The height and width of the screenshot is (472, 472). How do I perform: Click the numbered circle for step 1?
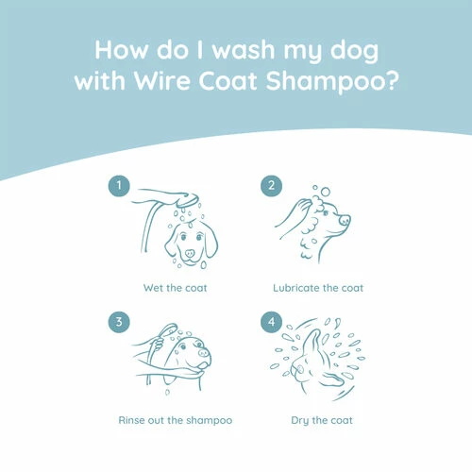[x=119, y=186]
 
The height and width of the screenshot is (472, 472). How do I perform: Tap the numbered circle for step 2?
[x=271, y=186]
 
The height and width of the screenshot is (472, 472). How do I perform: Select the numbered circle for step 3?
[x=119, y=322]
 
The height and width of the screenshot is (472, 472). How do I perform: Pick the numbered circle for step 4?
[x=271, y=322]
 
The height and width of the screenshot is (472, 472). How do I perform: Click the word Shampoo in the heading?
[x=326, y=82]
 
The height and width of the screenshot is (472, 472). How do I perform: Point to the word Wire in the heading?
[x=161, y=81]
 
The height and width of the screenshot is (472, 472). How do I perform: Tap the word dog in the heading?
[x=354, y=51]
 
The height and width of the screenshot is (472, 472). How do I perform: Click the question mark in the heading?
[x=392, y=81]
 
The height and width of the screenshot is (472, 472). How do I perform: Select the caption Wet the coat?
[x=175, y=288]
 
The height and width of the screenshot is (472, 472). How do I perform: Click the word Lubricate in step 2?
[x=296, y=288]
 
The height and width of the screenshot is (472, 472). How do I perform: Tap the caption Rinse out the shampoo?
[x=176, y=420]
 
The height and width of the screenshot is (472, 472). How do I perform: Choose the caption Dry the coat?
[x=322, y=421]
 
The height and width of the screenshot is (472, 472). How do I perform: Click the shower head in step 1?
[x=188, y=200]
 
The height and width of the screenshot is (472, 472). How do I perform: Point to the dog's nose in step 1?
[x=190, y=253]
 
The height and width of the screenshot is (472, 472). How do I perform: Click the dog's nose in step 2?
[x=345, y=219]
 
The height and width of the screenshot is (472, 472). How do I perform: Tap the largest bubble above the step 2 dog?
[x=326, y=192]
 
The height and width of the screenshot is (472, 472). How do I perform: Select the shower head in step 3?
[x=168, y=330]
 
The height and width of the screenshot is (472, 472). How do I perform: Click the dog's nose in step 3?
[x=204, y=353]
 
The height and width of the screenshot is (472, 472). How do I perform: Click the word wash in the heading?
[x=244, y=50]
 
